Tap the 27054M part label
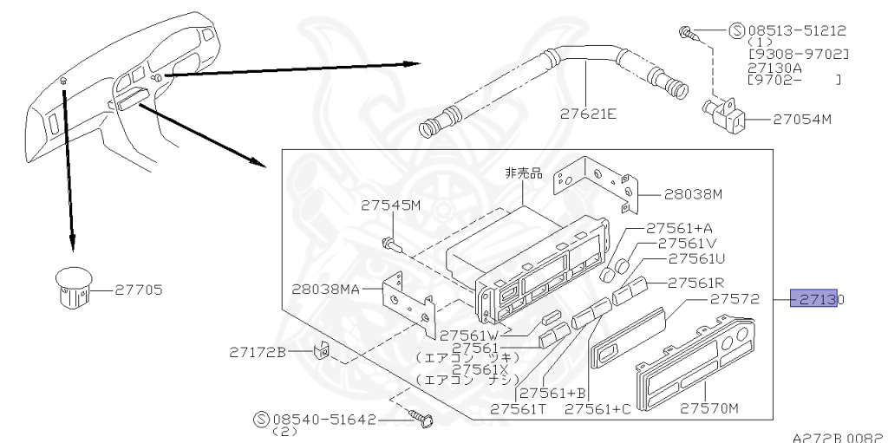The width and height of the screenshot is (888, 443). point(802,119)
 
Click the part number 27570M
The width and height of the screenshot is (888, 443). point(709,407)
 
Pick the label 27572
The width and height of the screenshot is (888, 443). point(735,299)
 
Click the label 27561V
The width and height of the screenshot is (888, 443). point(687,244)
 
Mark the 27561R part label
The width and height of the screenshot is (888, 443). point(695,283)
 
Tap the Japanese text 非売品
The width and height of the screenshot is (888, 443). point(524,173)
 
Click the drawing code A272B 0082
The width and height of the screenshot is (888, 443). point(838,437)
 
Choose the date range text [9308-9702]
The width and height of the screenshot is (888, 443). point(798,55)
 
